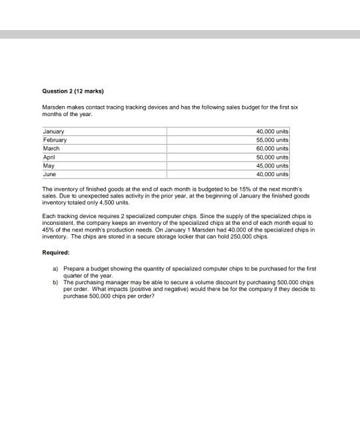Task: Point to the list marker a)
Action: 56,268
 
